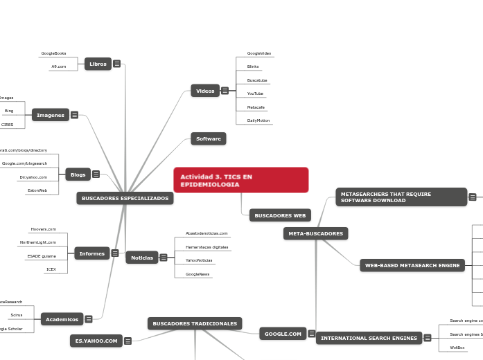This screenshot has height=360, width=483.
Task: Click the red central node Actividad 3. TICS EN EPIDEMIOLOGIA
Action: click(240, 180)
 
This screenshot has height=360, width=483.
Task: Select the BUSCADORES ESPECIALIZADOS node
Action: click(125, 199)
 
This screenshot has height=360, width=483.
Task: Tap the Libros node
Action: click(98, 64)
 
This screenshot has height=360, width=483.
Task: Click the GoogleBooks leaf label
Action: click(53, 53)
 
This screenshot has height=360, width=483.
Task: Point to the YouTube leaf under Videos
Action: click(255, 93)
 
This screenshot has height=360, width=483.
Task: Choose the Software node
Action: click(208, 138)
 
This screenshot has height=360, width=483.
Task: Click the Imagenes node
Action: click(51, 115)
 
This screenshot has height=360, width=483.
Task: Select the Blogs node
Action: click(78, 174)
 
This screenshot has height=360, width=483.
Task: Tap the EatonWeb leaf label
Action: click(37, 190)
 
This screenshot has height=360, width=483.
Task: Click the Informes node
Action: click(91, 253)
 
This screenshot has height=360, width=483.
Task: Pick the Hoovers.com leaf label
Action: click(43, 229)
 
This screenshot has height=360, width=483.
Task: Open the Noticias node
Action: click(141, 258)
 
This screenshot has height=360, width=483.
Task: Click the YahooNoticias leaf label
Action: click(199, 260)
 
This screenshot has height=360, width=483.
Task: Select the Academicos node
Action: click(62, 319)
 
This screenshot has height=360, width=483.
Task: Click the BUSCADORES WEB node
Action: click(280, 215)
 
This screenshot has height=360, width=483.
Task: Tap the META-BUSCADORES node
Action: click(315, 233)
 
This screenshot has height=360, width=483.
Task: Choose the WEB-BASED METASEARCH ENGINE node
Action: click(412, 265)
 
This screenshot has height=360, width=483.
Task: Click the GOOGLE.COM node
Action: click(283, 334)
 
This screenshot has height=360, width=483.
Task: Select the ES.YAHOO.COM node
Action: click(96, 341)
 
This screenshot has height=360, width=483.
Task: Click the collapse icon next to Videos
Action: click(225, 90)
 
